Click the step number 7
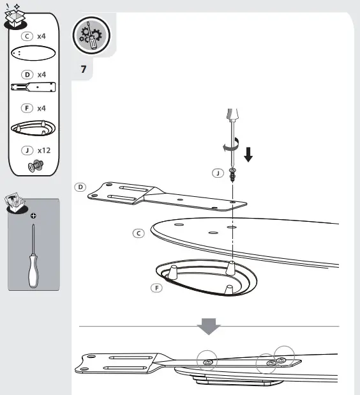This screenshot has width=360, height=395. [84, 69]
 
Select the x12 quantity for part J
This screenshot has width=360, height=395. [44, 151]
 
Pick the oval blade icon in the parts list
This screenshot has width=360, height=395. [33, 54]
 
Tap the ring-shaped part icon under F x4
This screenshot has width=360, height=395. [33, 128]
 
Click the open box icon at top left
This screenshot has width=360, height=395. [14, 14]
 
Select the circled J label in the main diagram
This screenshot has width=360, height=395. [218, 173]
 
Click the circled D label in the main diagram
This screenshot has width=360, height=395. [80, 187]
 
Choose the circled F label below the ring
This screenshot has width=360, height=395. [156, 288]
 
